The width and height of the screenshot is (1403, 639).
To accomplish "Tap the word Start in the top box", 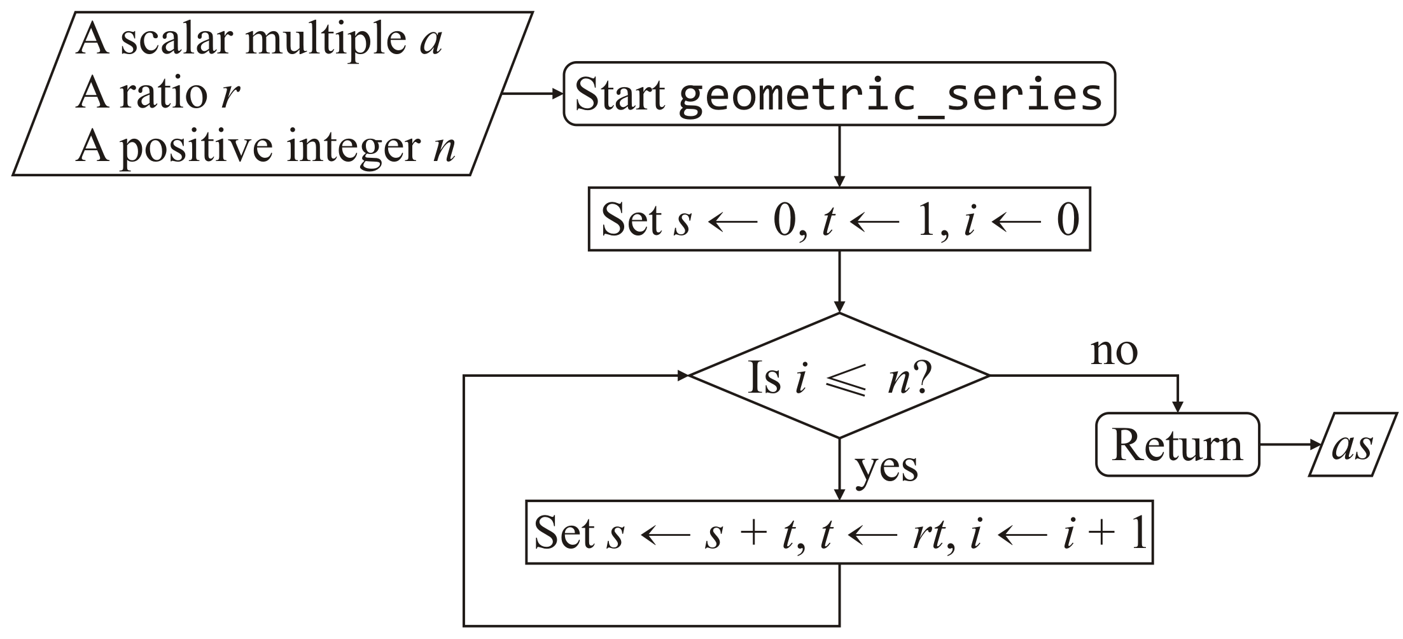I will (619, 95).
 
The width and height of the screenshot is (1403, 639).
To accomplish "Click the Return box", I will (1177, 445).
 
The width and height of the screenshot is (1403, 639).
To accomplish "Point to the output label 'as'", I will (1352, 446).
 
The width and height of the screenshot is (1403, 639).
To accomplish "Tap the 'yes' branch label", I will (886, 468).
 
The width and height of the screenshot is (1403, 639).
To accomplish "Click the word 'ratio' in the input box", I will (164, 94).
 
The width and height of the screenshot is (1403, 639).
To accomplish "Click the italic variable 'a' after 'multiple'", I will (431, 41).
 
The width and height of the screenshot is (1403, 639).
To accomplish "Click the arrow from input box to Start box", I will (532, 94).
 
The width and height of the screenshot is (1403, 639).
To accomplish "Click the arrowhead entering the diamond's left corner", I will (682, 376).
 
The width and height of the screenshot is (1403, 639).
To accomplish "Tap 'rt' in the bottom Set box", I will (928, 533).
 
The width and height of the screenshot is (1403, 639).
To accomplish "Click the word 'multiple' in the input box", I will (325, 41).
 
